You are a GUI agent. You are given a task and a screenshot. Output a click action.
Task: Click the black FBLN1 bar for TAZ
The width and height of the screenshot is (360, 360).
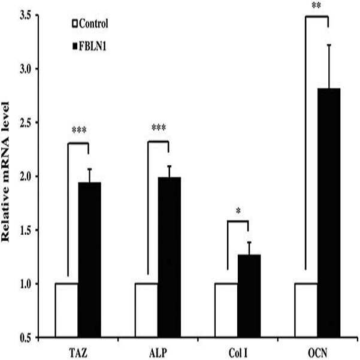89,260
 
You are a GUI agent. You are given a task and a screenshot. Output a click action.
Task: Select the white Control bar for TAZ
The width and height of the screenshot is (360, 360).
66,310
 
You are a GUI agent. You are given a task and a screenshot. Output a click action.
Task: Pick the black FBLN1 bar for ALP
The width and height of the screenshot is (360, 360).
169,257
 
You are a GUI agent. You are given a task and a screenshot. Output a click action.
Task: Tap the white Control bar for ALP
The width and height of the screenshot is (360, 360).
147,310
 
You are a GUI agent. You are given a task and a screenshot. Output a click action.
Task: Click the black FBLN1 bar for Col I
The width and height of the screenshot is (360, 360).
249,296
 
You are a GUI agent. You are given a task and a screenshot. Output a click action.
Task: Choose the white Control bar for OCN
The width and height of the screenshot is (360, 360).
306,310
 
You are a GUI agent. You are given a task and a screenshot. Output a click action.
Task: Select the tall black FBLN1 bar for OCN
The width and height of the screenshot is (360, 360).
329,213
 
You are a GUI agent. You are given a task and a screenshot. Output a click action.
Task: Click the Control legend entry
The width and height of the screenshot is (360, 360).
90,23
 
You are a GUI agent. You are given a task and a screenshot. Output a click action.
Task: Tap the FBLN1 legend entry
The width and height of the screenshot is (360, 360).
89,47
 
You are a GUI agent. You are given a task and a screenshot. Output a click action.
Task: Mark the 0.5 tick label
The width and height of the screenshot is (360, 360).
25,338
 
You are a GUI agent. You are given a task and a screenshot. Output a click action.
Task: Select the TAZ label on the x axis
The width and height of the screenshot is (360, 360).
78,353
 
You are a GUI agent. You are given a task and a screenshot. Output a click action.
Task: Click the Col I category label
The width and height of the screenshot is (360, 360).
238,353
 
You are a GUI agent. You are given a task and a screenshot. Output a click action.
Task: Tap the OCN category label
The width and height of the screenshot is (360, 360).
317,353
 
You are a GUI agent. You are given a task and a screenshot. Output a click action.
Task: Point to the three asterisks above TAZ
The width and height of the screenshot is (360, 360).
79,130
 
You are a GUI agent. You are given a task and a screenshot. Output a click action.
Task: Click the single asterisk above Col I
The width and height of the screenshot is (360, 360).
238,210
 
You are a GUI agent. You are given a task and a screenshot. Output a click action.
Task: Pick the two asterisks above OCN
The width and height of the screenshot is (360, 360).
316,5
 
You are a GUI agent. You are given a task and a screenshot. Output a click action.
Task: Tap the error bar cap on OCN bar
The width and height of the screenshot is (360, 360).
329,45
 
